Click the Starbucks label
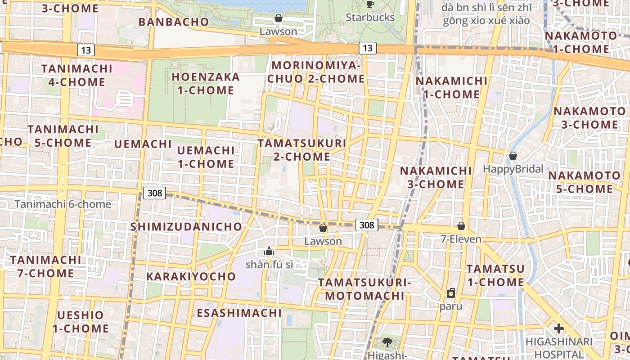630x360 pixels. point(370,18)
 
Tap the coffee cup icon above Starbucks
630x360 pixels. point(370,4)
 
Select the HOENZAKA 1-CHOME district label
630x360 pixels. point(206,84)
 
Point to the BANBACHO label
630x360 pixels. point(174,22)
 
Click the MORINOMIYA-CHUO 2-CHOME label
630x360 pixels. point(316,72)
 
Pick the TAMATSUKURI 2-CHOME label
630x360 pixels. point(302,150)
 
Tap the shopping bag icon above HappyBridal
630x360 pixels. point(513,156)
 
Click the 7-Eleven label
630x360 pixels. point(461,239)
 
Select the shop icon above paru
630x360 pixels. point(451,293)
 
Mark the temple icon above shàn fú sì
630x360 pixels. point(269,251)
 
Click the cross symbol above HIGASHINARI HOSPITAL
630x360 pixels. point(559,328)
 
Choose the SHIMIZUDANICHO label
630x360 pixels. point(186,227)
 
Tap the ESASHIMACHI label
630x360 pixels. point(239,313)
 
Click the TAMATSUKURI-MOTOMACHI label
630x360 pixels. point(364,289)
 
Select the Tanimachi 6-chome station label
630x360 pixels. point(63,204)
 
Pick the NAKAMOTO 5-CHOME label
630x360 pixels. point(584,182)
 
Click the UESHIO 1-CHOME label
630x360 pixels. point(81,322)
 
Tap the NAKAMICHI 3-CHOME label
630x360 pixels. point(436,177)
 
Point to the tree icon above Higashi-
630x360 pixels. point(387,342)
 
